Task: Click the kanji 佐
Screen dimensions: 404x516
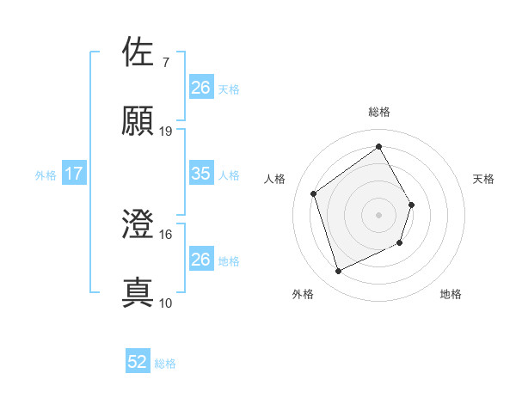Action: click(x=138, y=52)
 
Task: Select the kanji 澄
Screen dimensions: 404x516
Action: click(x=138, y=224)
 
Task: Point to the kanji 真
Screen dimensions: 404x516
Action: click(x=138, y=292)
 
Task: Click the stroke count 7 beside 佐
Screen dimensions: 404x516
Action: click(x=165, y=63)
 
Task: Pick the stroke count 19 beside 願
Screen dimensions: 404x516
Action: click(x=166, y=131)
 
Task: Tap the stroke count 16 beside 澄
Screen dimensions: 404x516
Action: click(x=166, y=234)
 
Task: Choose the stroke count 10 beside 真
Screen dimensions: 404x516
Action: click(x=166, y=303)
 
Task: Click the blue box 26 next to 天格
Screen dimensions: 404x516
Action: click(x=200, y=87)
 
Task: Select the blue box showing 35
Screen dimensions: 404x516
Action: click(x=200, y=174)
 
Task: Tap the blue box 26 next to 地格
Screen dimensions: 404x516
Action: click(x=200, y=259)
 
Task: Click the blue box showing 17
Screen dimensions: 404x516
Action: click(x=74, y=174)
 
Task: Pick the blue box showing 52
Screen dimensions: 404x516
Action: click(x=138, y=363)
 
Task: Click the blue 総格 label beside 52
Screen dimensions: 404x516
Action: click(x=165, y=364)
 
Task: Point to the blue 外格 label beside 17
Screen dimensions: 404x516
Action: click(x=46, y=175)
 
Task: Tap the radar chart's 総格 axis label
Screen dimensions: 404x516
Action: click(x=379, y=112)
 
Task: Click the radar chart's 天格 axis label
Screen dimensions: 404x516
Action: click(x=484, y=179)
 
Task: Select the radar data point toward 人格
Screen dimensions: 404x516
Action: click(x=314, y=193)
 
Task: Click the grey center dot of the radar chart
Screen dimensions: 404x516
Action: click(x=379, y=215)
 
